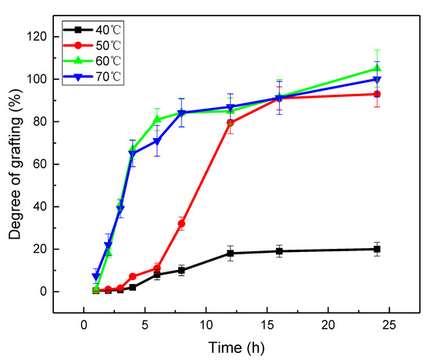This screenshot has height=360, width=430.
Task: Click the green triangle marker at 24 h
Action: click(377, 68)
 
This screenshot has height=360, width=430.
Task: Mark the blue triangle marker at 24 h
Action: click(377, 80)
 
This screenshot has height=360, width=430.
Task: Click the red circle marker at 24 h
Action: click(377, 94)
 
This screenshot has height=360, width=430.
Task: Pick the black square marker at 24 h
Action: click(377, 249)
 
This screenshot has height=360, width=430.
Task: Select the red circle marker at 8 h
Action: click(181, 224)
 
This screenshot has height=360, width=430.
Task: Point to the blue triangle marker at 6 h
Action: click(157, 142)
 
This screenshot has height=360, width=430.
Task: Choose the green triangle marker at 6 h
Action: click(157, 119)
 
